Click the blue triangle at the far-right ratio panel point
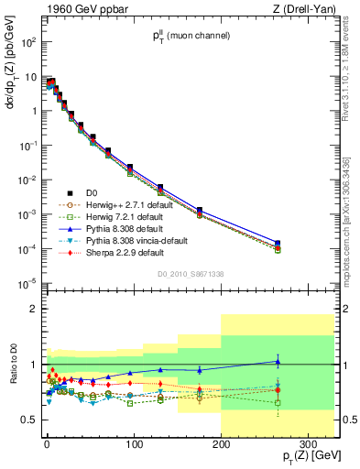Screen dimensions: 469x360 point(278,362)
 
